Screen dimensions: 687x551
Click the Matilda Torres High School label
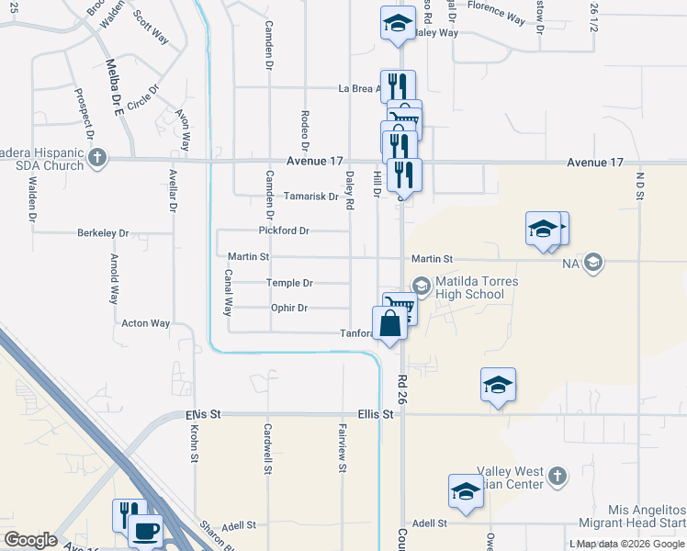(x=470, y=287)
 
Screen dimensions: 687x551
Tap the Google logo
(x=30, y=540)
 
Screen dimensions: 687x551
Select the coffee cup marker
(x=146, y=531)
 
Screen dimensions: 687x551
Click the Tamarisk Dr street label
(x=311, y=196)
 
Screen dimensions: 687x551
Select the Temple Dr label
(x=289, y=283)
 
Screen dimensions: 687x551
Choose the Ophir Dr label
(x=288, y=308)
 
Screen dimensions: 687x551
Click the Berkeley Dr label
(x=103, y=233)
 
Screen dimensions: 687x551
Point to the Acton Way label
(x=146, y=323)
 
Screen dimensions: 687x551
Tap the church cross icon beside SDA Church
(x=98, y=159)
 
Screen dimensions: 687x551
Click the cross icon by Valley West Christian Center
(x=556, y=476)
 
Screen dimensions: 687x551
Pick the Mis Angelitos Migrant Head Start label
(x=647, y=516)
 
